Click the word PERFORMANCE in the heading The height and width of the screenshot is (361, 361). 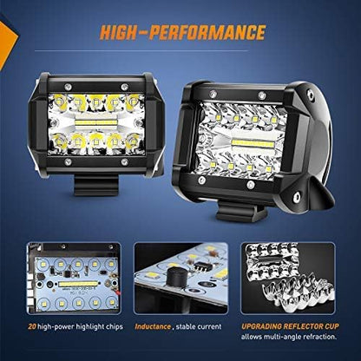213,34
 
